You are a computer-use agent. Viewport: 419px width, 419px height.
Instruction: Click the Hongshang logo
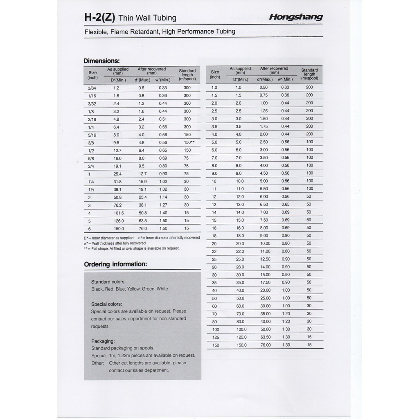click(296, 17)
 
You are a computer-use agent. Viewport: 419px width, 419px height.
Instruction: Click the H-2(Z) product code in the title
click(99, 18)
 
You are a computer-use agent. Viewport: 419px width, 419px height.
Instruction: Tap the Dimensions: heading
click(101, 61)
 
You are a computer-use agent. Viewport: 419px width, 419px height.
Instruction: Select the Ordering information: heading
click(115, 264)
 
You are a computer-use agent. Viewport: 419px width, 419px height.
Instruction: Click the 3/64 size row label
click(92, 88)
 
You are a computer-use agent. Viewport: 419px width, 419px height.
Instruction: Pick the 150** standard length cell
click(189, 143)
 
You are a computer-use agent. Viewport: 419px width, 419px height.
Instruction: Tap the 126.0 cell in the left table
click(118, 221)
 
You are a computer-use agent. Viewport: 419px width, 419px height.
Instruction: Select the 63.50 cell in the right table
click(265, 337)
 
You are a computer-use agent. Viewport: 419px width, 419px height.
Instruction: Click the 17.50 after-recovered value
click(265, 282)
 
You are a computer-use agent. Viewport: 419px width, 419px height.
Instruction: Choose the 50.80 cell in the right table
click(265, 329)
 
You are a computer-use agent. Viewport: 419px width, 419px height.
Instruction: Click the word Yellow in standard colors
click(133, 289)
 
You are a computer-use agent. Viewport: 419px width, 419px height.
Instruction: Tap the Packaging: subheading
click(103, 341)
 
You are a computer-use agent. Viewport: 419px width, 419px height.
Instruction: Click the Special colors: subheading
click(106, 304)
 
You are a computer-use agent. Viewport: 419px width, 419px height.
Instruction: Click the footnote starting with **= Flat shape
click(131, 248)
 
